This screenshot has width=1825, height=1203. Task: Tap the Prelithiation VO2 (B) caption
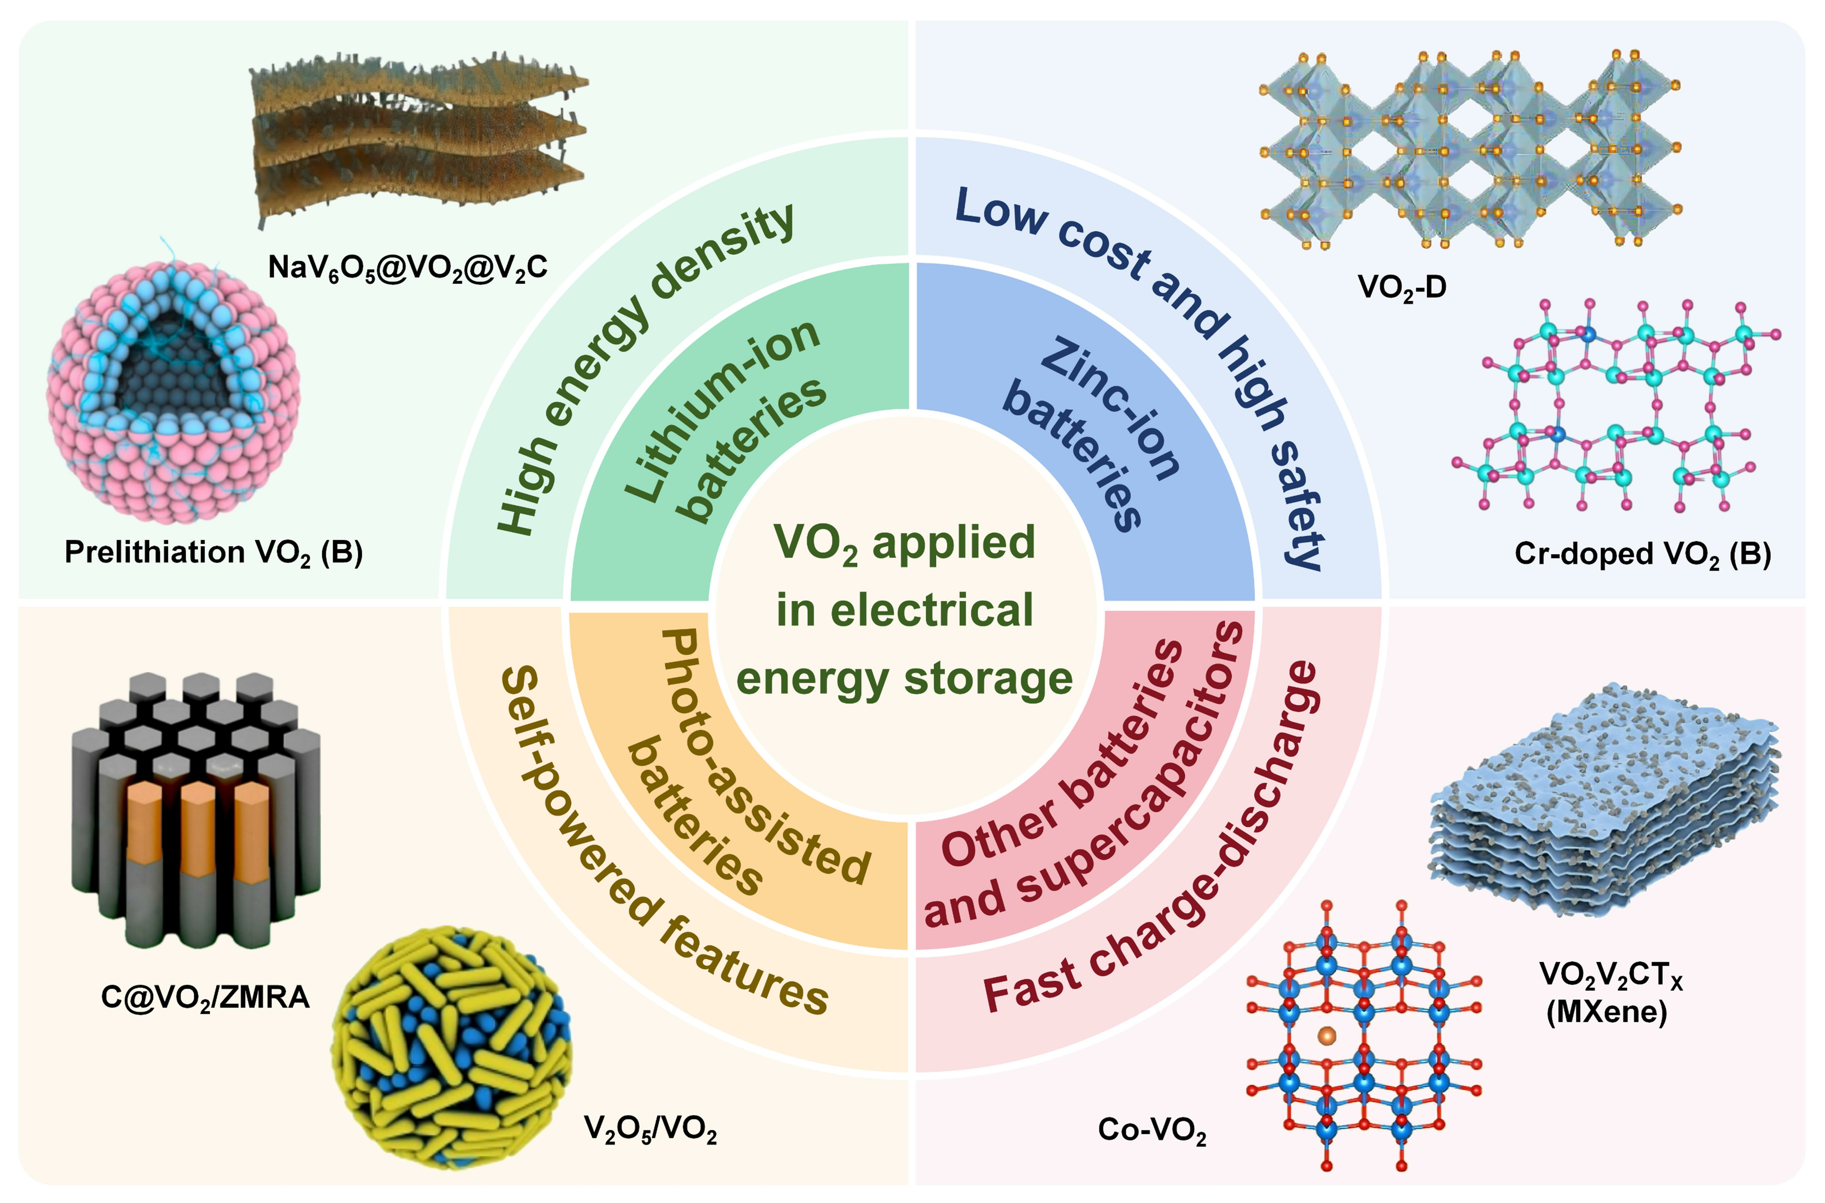(x=213, y=552)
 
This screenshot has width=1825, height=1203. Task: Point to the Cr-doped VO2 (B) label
(x=1643, y=554)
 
